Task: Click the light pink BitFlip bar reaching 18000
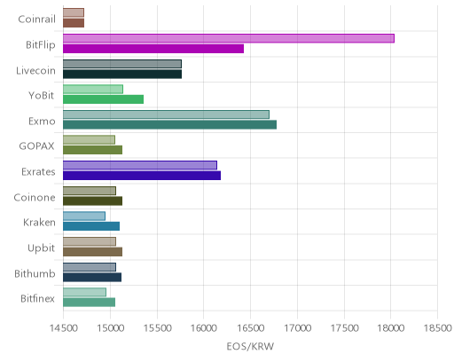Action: (229, 38)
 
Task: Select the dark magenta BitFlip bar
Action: (153, 49)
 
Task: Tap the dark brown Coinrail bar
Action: (74, 23)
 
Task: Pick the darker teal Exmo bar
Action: (169, 125)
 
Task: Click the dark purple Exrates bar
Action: (142, 176)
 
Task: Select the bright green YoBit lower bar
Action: (103, 99)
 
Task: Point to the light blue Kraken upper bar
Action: (84, 216)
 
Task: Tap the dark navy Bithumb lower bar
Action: (92, 278)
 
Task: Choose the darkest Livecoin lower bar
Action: (122, 75)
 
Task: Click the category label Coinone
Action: (35, 197)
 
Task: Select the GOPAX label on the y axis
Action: (36, 146)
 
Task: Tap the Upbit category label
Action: (41, 248)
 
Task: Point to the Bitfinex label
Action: (37, 298)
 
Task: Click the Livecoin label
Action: (35, 71)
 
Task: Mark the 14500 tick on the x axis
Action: (64, 328)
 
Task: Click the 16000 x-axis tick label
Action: (204, 328)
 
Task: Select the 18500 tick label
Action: (438, 328)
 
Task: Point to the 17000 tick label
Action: (297, 328)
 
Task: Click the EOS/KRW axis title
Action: (250, 346)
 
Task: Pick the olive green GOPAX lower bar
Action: (92, 150)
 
